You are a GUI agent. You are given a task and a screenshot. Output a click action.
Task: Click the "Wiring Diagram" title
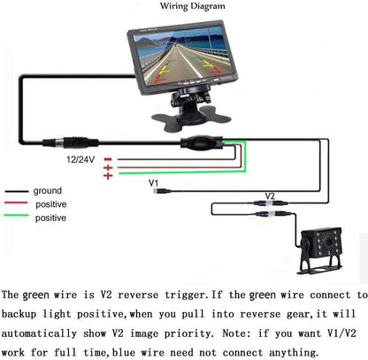point(193,6)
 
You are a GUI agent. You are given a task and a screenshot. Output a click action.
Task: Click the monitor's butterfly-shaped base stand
point(191,118)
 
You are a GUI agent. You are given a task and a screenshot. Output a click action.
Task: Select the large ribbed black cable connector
point(71,142)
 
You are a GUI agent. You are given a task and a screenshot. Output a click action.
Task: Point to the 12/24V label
point(80,159)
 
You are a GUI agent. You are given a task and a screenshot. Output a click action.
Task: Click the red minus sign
point(108,159)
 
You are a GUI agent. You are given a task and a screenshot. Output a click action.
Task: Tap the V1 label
point(154,183)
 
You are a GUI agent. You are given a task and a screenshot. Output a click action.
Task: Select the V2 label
point(270,196)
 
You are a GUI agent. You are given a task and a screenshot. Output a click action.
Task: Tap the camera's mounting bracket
point(320,264)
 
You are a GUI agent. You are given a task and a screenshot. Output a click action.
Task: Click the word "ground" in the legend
point(48,191)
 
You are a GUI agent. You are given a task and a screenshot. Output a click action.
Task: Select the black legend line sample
point(17,192)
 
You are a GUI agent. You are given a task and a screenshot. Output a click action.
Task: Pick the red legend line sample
point(16,203)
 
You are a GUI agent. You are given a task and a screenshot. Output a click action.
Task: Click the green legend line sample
point(16,215)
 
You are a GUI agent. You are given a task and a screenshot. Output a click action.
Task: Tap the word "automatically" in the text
point(39,333)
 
